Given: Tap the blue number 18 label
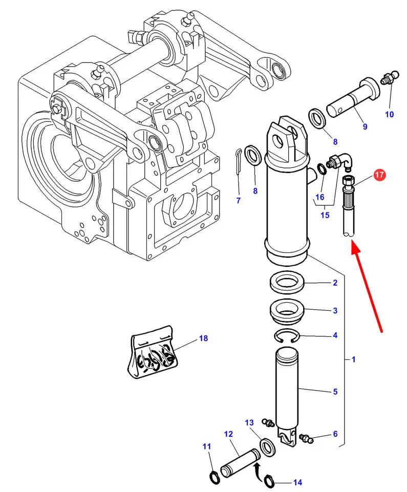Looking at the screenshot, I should [x=204, y=338].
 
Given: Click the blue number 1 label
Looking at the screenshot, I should [x=353, y=360].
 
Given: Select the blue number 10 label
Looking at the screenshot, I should [x=390, y=114].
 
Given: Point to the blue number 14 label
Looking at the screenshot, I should [x=297, y=482].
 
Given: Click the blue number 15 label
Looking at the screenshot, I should [x=325, y=215].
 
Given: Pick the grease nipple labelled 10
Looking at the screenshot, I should [x=389, y=80].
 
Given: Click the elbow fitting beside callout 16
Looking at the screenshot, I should [x=340, y=162].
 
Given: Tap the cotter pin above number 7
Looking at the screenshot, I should [x=238, y=160].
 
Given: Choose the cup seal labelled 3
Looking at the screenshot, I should [x=287, y=310].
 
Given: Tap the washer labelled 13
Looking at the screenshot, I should [x=267, y=446].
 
